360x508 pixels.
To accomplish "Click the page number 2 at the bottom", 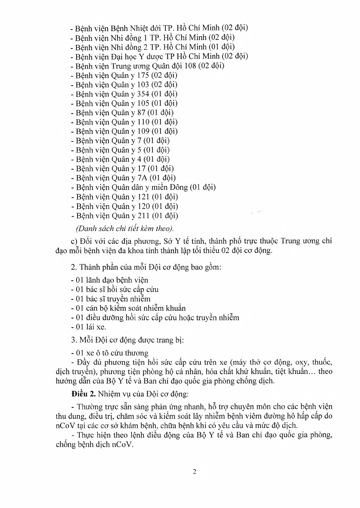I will tap(195, 472).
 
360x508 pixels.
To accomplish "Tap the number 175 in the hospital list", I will tap(143, 75).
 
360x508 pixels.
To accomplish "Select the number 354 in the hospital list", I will tap(143, 94).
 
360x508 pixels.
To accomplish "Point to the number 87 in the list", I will tap(141, 112).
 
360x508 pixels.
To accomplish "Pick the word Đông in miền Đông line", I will tap(177, 187).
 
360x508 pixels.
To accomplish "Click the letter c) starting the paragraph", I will tap(74, 241).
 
